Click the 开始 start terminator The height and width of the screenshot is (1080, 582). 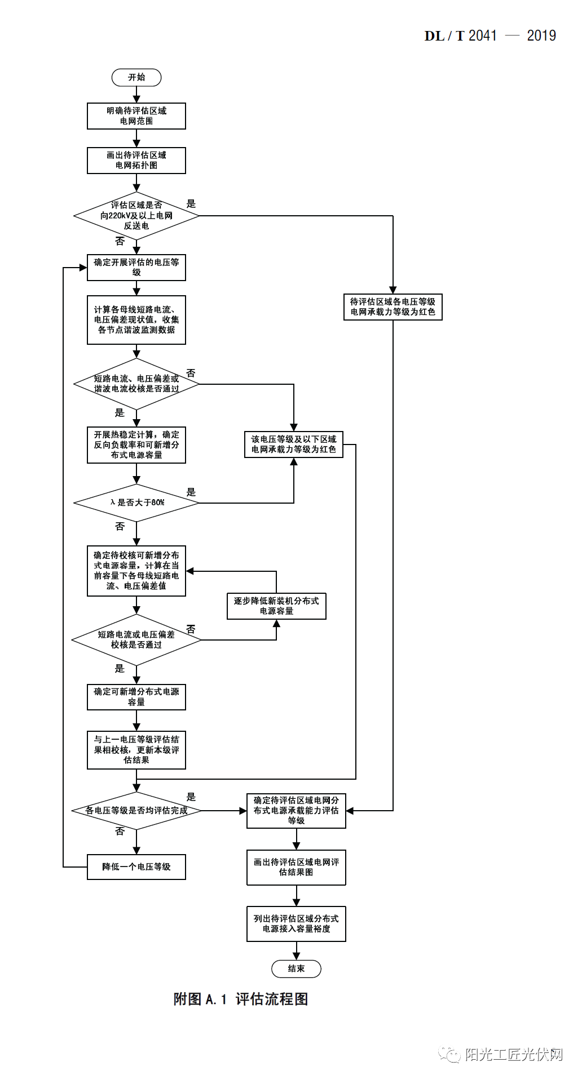point(136,77)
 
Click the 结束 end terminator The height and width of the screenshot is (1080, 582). point(296,968)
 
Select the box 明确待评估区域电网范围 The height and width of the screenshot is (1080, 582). point(136,116)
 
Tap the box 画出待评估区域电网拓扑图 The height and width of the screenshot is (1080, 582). point(136,161)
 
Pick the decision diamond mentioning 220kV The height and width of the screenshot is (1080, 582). point(136,216)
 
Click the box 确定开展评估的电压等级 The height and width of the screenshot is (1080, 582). point(136,267)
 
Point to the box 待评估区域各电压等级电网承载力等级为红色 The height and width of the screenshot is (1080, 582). point(393,307)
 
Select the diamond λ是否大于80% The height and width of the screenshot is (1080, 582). point(136,502)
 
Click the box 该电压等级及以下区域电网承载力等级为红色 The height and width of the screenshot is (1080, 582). point(293,444)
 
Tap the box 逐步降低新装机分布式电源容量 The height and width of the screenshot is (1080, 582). point(276,606)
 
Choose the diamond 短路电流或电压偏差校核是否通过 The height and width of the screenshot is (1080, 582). point(136,639)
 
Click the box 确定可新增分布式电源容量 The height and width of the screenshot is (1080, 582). point(136,697)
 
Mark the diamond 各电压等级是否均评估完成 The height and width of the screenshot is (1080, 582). point(136,811)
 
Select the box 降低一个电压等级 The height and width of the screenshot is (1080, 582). point(136,866)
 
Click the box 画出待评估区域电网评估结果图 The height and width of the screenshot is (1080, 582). point(296,867)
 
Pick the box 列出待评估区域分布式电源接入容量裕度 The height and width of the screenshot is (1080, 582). point(296,923)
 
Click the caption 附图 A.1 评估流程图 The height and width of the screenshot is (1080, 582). point(241,999)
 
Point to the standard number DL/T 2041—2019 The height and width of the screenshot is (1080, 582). point(490,36)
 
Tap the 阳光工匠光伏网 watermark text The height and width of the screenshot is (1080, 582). point(513,1054)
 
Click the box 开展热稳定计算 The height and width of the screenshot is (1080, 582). point(136,445)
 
